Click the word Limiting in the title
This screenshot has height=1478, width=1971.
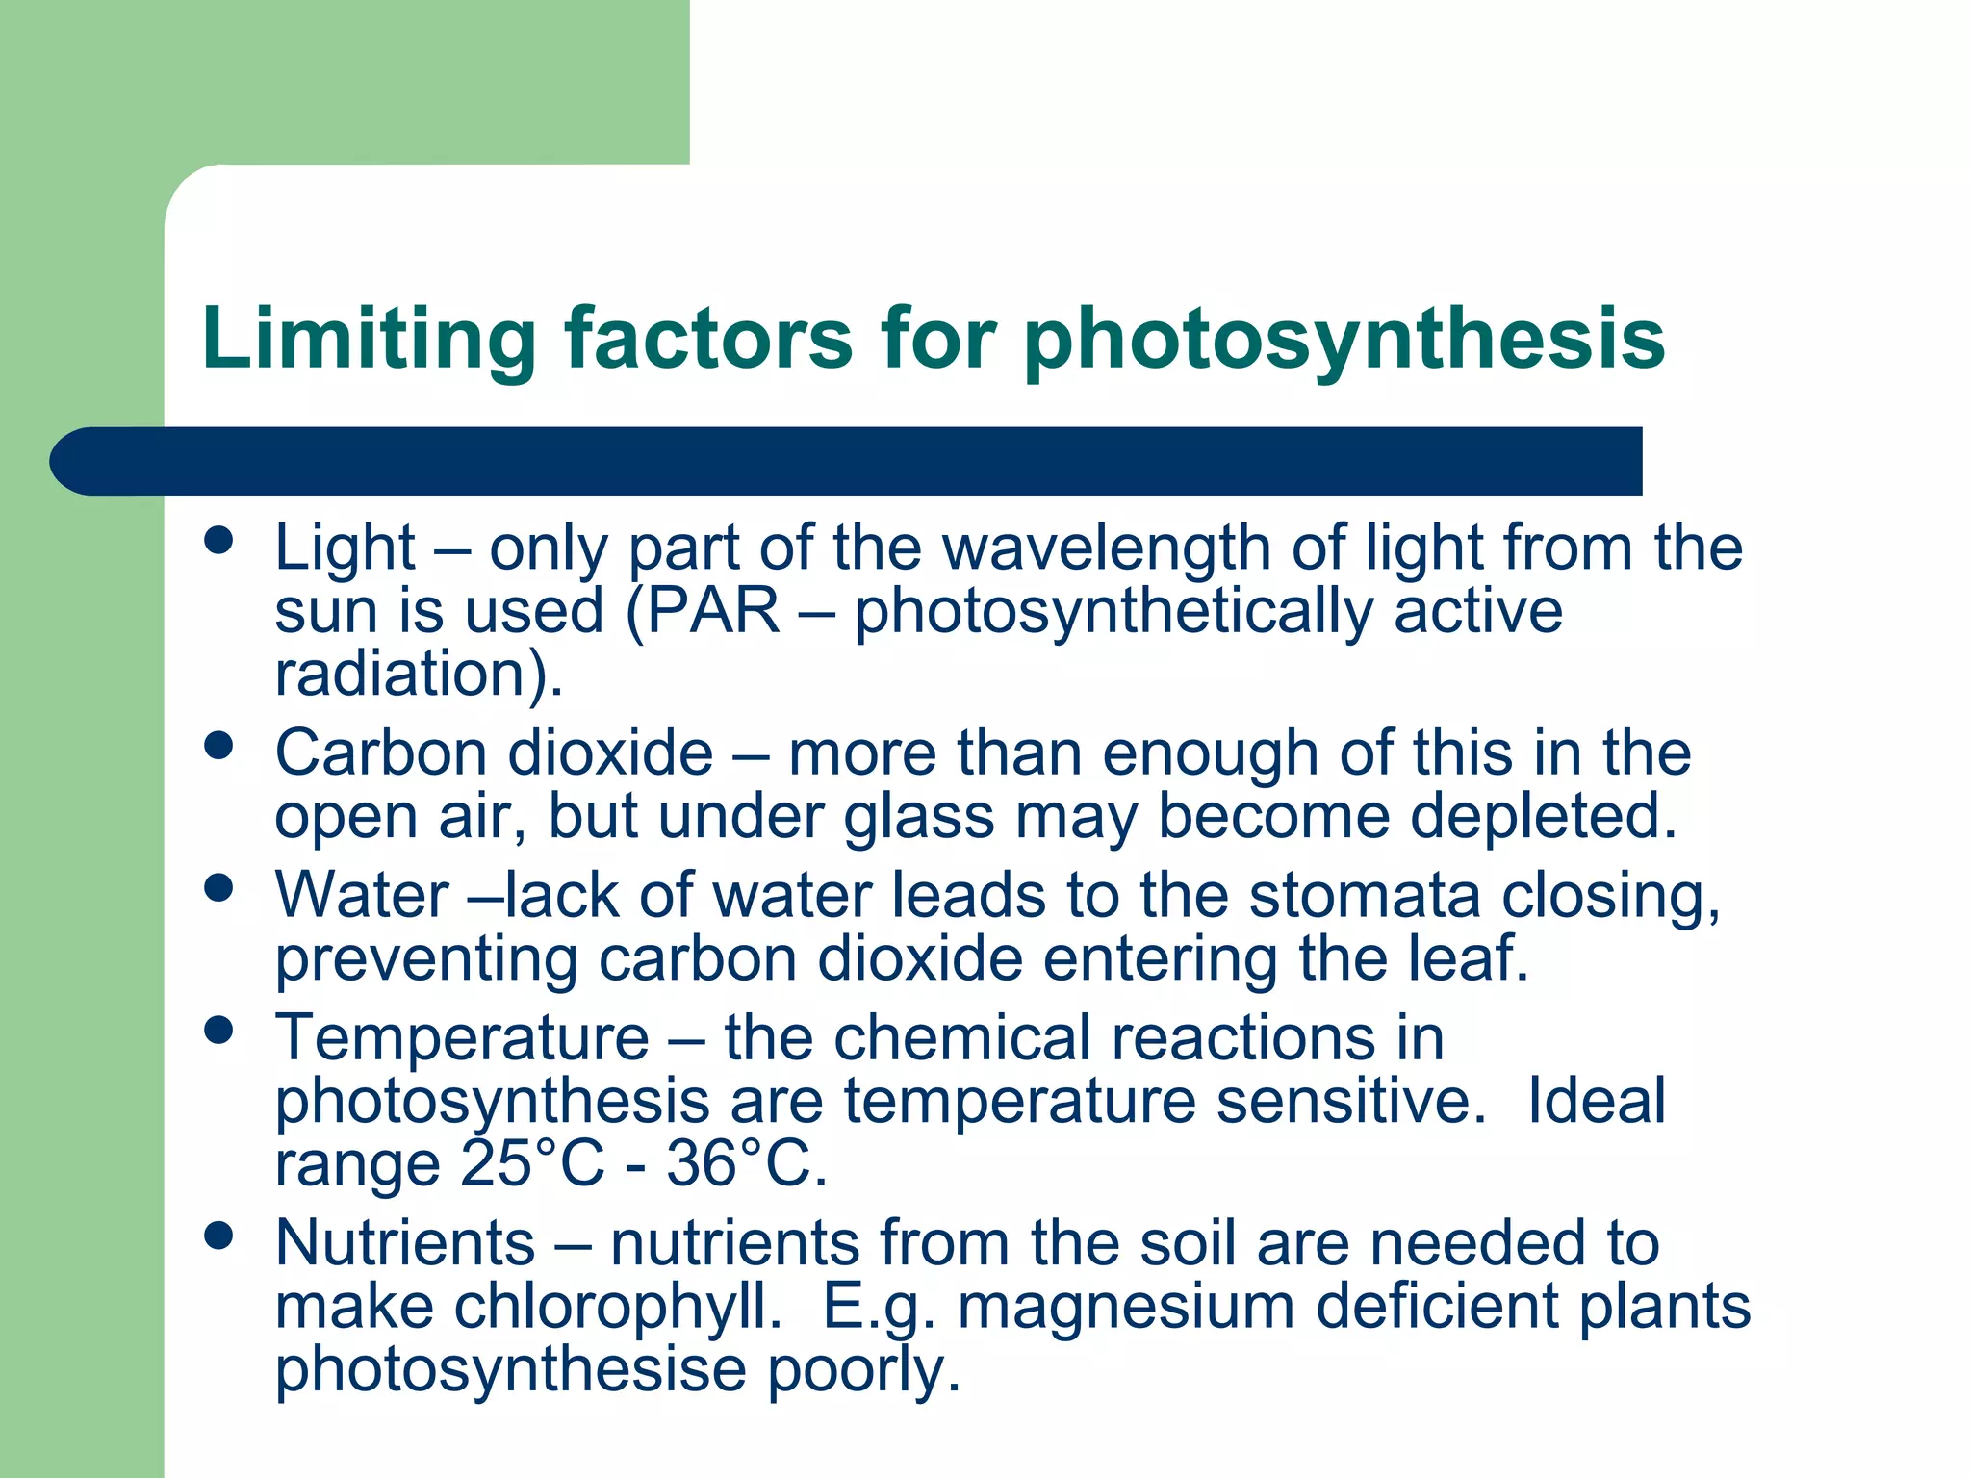pyautogui.click(x=370, y=339)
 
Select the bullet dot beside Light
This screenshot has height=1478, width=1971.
pyautogui.click(x=219, y=540)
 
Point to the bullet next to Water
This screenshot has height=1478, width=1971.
pyautogui.click(x=219, y=888)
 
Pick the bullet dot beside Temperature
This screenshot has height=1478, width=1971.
pyautogui.click(x=219, y=1031)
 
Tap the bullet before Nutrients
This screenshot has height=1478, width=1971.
pyautogui.click(x=219, y=1236)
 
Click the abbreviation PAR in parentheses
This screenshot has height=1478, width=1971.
pyautogui.click(x=713, y=610)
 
